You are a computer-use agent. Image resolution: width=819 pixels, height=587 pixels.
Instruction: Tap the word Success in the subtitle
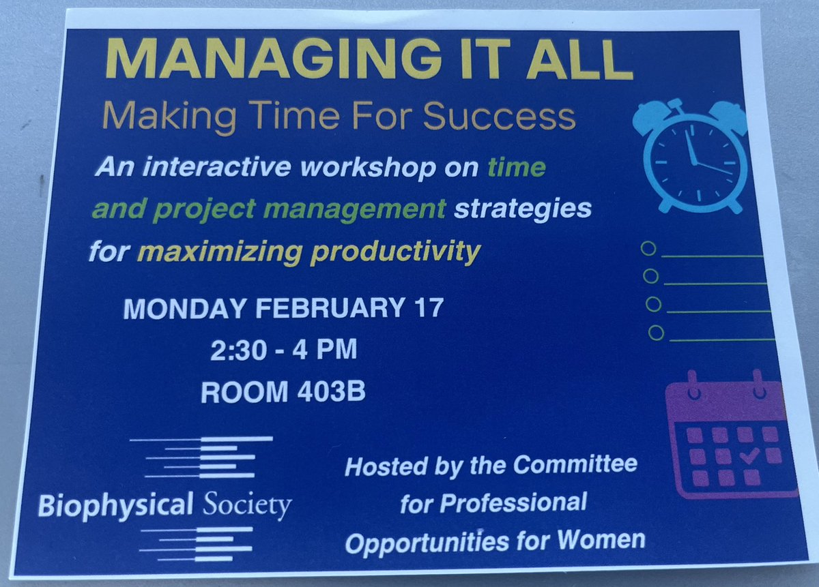point(500,117)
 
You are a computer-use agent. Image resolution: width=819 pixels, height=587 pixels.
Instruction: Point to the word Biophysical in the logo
point(112,507)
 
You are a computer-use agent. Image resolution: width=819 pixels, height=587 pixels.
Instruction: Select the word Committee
point(576,466)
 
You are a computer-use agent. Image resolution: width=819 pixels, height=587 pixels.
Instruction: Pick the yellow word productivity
point(396,252)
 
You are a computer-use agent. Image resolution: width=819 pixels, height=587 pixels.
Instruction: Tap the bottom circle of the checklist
point(656,333)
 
